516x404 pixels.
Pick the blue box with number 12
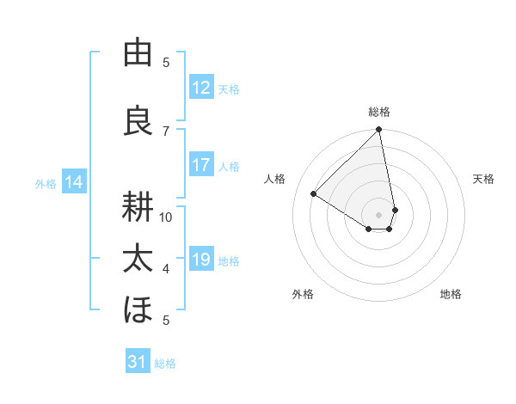[x=201, y=88]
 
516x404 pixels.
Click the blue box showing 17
[x=201, y=166]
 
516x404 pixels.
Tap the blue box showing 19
[x=201, y=260]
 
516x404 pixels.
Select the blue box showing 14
[x=74, y=182]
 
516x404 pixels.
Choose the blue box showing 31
[x=138, y=363]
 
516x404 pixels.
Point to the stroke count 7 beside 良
[x=166, y=131]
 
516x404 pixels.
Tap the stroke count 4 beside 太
[x=166, y=269]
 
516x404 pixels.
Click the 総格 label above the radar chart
[x=379, y=112]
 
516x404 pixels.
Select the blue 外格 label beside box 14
[x=46, y=183]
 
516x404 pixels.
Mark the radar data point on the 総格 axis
[x=378, y=131]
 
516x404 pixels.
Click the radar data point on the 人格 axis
[x=314, y=194]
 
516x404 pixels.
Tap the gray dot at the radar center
[x=378, y=214]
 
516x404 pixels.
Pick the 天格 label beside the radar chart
[x=484, y=179]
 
